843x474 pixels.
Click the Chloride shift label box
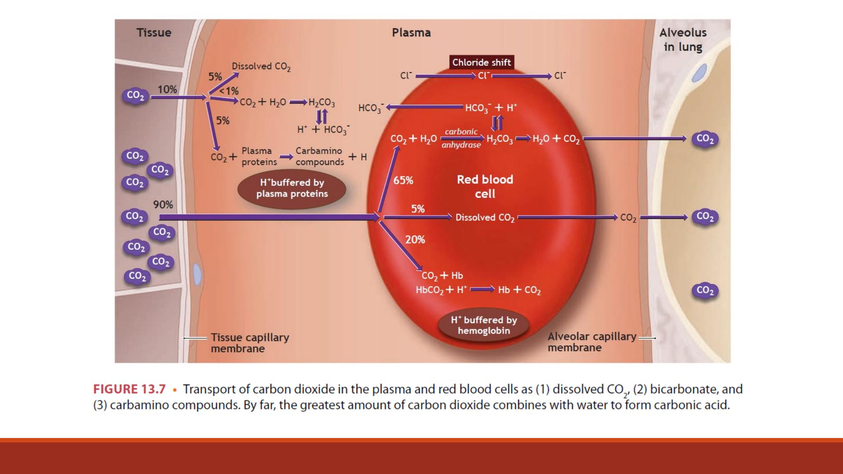[x=482, y=62]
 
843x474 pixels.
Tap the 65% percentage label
[x=403, y=180]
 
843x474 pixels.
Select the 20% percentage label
[x=415, y=240]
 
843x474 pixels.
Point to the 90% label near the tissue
[x=163, y=205]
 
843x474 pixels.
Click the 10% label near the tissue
[x=167, y=90]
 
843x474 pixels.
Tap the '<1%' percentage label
[x=229, y=91]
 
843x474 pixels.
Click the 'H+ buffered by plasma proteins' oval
[x=292, y=189]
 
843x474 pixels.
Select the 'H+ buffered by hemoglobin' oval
[x=484, y=325]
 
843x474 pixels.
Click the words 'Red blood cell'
[x=485, y=187]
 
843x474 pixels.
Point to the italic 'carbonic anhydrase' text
[x=461, y=138]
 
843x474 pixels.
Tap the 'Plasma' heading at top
[x=411, y=32]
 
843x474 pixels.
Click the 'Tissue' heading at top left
[x=154, y=32]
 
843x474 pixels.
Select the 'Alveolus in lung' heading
[x=683, y=39]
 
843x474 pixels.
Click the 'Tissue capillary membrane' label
[x=250, y=343]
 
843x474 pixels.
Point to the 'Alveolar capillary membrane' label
[x=592, y=341]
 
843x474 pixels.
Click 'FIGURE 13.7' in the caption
[x=130, y=389]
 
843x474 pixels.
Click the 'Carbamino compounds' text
[x=320, y=156]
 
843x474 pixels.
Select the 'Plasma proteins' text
[x=259, y=156]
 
